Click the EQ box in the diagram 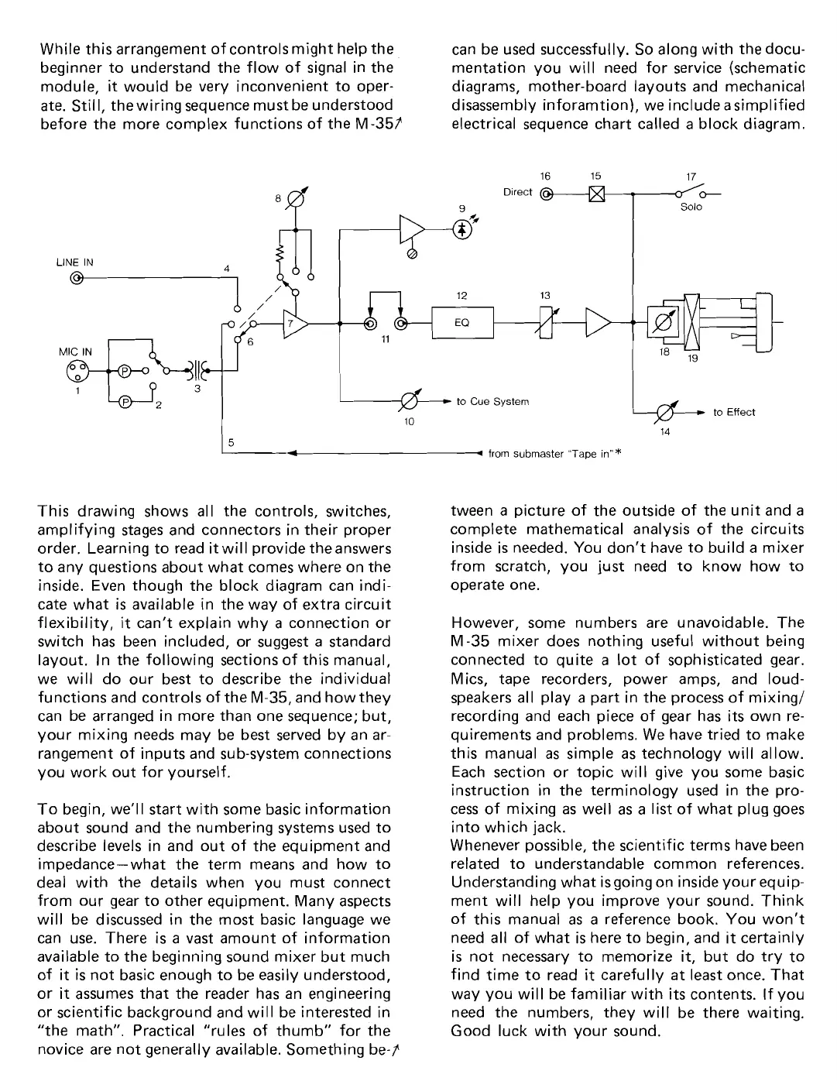[461, 323]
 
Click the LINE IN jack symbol [76, 280]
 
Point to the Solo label [691, 208]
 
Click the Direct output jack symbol [547, 194]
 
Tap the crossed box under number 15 [596, 194]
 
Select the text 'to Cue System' [492, 402]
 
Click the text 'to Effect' [733, 413]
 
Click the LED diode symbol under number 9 [462, 230]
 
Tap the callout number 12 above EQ [461, 295]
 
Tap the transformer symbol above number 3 [191, 370]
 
